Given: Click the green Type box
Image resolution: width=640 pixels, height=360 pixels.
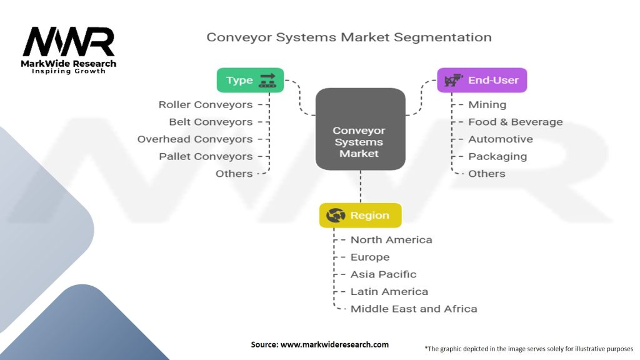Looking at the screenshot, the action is [x=250, y=80].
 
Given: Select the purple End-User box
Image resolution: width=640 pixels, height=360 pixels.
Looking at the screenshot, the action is [x=482, y=80].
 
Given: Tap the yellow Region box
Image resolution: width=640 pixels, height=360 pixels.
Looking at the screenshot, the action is [x=361, y=215].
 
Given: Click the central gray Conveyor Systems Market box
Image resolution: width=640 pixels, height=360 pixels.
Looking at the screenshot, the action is [x=361, y=129].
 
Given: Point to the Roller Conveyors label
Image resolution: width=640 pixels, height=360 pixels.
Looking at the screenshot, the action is [x=206, y=105].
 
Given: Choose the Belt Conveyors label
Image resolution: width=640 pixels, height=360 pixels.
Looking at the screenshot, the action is [x=211, y=122].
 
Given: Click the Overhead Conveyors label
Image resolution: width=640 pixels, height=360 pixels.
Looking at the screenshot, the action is [x=195, y=139].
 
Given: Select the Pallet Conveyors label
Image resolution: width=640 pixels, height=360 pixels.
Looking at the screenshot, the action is [x=206, y=156].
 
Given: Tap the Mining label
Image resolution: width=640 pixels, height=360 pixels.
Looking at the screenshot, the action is [x=487, y=105].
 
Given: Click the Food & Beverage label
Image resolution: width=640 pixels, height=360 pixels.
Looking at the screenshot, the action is [x=516, y=122].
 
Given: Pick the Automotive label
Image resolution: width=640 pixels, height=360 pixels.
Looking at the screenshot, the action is [x=501, y=139].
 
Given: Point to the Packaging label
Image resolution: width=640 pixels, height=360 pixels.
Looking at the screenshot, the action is [x=497, y=156].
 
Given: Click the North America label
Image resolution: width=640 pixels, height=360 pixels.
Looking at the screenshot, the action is [x=391, y=239].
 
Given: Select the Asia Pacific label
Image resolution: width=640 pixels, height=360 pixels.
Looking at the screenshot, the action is [x=384, y=274].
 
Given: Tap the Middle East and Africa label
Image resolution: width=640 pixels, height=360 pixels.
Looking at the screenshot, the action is [x=414, y=309].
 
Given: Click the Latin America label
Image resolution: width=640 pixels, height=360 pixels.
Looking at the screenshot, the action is [x=389, y=291].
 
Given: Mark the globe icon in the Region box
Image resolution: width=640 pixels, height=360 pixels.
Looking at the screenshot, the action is [x=336, y=215].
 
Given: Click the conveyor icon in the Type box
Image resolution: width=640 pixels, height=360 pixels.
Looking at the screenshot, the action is [x=267, y=81].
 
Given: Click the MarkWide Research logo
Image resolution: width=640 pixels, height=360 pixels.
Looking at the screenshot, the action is [x=69, y=50].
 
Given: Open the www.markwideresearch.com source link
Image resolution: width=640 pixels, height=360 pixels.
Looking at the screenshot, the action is [x=335, y=344].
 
